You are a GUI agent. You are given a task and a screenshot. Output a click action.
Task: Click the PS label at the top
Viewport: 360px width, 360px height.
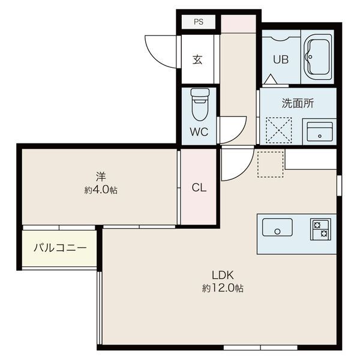pos(199,22)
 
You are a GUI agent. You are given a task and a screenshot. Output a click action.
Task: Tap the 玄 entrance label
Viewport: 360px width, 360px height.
pos(197,59)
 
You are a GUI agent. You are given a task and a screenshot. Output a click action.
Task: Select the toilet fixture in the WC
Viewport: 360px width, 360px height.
pos(200,104)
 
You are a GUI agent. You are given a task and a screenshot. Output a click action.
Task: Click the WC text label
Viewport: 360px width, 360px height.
pos(199,132)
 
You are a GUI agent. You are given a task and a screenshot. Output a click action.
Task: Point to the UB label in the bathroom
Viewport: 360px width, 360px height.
pos(281,59)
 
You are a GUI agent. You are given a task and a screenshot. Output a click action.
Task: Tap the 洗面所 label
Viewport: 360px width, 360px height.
pos(298,103)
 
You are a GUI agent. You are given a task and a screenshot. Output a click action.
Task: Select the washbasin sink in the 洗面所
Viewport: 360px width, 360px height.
pos(320,132)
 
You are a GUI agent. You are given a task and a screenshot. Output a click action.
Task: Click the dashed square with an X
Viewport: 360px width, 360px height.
pos(279,130)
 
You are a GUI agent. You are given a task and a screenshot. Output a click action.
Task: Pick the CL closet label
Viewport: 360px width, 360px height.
pos(199,188)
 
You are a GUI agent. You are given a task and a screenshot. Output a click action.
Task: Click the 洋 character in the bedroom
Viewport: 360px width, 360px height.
pos(101,176)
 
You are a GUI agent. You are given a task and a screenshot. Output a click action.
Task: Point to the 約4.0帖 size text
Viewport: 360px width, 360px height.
pos(101,190)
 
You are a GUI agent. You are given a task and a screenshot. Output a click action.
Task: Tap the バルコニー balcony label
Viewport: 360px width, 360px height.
pos(60,248)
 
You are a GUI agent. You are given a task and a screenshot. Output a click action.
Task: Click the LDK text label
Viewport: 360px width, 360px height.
pos(223,275)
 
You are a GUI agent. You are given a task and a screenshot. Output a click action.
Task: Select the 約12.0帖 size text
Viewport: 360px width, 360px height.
pos(223,288)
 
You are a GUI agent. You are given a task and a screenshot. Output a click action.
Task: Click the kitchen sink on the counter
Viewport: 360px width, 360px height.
pos(277,227)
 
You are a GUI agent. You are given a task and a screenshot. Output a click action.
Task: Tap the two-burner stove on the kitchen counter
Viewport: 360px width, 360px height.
pos(321,229)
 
